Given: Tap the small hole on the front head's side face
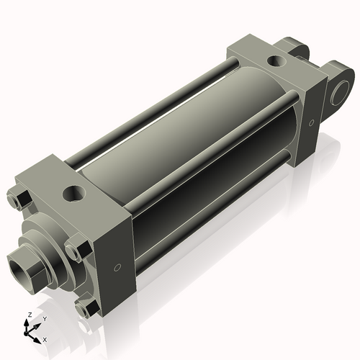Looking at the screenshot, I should click(117, 269).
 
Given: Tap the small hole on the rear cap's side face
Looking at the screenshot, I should click(311, 122).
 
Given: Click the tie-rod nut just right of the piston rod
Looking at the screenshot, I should click(78, 250).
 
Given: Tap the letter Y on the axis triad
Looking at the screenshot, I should click(45, 318).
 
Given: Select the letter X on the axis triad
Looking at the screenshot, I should click(45, 338).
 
